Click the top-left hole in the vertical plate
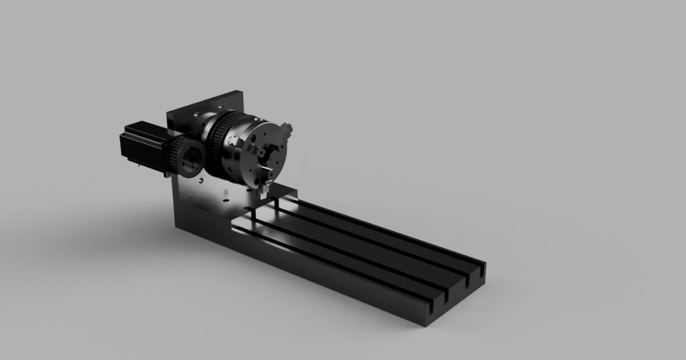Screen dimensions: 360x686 click(196, 115)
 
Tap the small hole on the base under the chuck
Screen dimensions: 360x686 click(226, 200)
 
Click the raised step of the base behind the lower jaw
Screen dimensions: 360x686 click(283, 191)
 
